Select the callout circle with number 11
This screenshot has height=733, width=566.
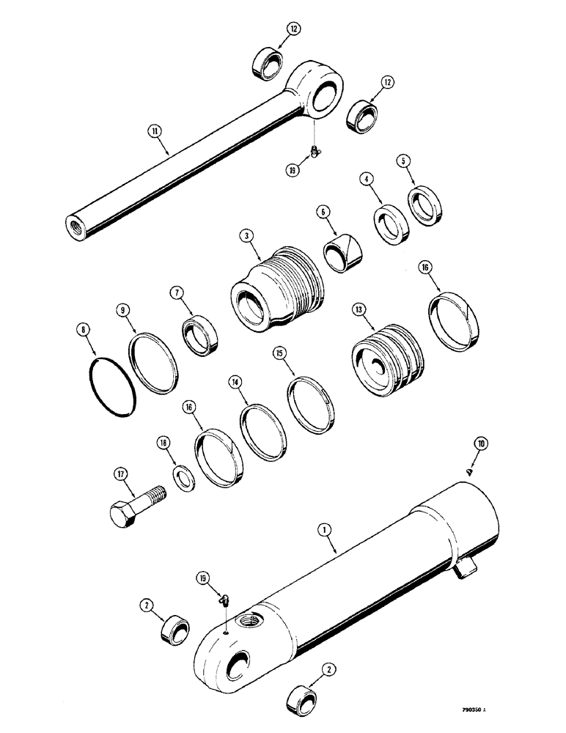pyautogui.click(x=155, y=132)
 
